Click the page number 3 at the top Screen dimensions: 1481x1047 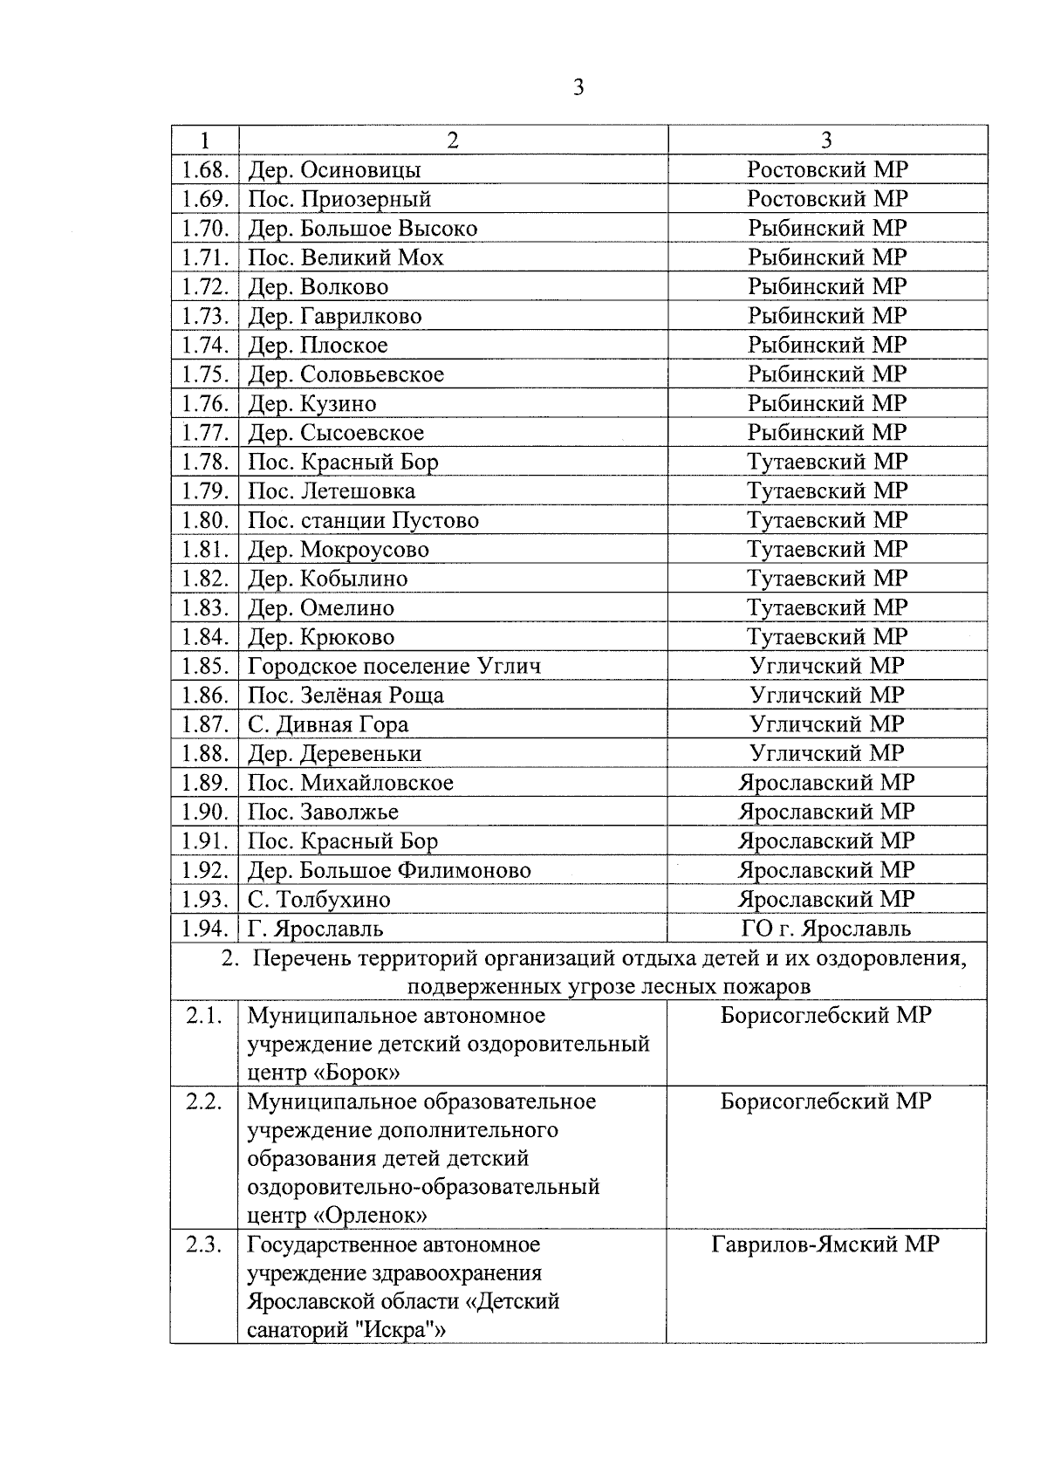pyautogui.click(x=578, y=87)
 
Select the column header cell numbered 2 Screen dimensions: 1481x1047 pyautogui.click(x=452, y=141)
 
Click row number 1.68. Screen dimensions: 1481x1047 pyautogui.click(x=205, y=169)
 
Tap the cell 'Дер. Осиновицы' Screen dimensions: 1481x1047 pyautogui.click(x=334, y=169)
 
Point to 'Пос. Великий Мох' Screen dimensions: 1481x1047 pyautogui.click(x=346, y=257)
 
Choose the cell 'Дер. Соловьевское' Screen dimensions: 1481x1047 pyautogui.click(x=346, y=374)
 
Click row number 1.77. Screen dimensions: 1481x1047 pyautogui.click(x=205, y=433)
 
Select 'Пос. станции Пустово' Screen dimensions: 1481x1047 pyautogui.click(x=363, y=520)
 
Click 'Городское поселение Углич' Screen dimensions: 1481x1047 pyautogui.click(x=394, y=666)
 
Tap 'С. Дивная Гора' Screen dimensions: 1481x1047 pyautogui.click(x=328, y=724)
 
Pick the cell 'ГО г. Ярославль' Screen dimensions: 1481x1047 pyautogui.click(x=826, y=929)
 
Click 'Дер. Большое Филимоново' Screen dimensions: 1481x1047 pyautogui.click(x=389, y=870)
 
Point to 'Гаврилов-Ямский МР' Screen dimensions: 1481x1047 pyautogui.click(x=825, y=1244)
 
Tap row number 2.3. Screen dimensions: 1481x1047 pyautogui.click(x=204, y=1244)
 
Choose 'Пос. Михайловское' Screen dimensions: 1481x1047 pyautogui.click(x=351, y=783)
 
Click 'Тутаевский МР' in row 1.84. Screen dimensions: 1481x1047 pyautogui.click(x=827, y=636)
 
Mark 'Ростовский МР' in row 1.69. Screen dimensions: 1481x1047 pyautogui.click(x=827, y=198)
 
